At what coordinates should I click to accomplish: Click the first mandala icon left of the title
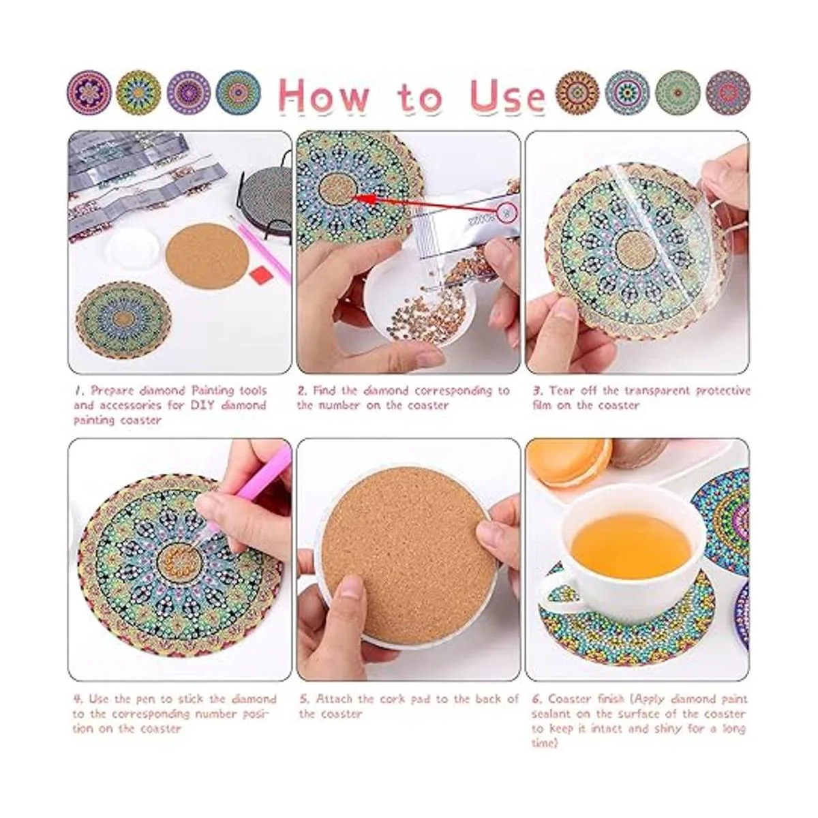[89, 93]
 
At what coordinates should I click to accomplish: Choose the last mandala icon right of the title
[727, 93]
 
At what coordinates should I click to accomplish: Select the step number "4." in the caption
[79, 699]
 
